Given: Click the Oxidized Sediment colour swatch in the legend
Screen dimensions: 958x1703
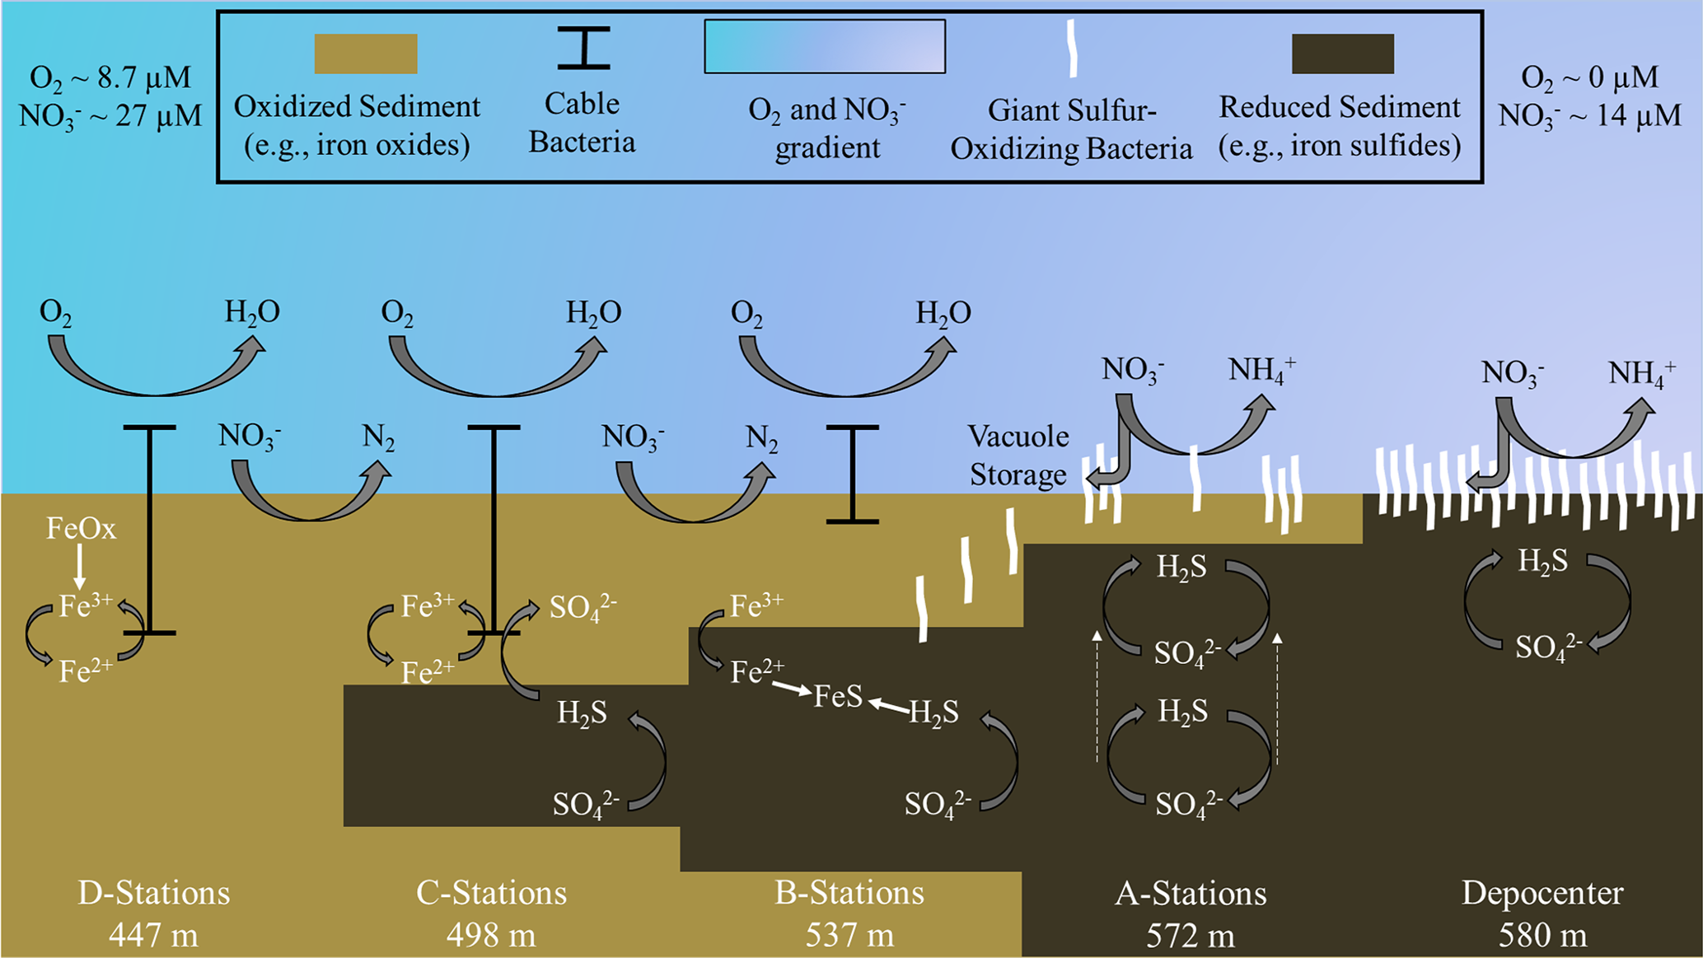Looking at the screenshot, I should click(366, 54).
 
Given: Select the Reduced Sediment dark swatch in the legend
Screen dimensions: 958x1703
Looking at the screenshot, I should click(1342, 54).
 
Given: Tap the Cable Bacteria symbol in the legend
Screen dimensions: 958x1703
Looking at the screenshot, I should click(583, 47).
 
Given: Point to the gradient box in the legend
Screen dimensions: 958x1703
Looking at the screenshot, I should click(824, 47).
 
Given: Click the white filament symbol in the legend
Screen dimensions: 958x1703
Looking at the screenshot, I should click(1072, 49).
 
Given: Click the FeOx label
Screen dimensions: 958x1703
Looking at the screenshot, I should click(81, 529).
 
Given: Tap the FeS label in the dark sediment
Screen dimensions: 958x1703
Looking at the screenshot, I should click(838, 698).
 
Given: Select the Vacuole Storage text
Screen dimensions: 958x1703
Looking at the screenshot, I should click(1018, 456).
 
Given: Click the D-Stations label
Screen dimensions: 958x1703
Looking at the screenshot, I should click(154, 893).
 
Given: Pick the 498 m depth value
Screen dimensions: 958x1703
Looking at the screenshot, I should click(491, 936).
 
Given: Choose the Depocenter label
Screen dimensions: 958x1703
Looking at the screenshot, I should click(1542, 893).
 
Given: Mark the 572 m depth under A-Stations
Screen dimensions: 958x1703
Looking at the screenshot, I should click(1191, 936).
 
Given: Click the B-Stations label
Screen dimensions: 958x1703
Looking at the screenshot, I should click(849, 893).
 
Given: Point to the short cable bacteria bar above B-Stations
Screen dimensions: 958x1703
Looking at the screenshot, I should click(853, 474).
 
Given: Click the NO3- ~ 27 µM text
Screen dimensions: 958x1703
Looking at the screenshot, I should click(110, 115).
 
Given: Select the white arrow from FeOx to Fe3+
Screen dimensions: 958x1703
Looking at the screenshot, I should click(80, 566).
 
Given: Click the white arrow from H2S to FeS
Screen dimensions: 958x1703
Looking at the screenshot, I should click(889, 705).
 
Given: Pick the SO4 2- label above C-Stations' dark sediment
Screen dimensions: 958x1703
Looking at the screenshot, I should click(582, 608).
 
